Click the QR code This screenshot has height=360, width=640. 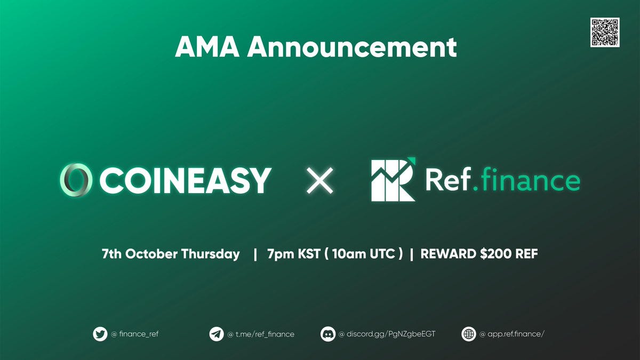click(605, 33)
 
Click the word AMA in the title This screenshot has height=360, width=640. click(207, 47)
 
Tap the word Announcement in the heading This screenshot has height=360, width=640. click(351, 47)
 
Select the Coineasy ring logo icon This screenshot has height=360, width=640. click(76, 180)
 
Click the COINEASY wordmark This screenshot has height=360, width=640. click(186, 181)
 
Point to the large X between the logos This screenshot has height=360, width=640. click(319, 181)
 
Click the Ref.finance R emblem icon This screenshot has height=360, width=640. click(394, 179)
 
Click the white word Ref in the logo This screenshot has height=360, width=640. click(448, 179)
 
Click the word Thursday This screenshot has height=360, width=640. click(210, 254)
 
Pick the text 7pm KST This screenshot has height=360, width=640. click(293, 254)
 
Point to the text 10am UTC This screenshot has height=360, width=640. click(363, 254)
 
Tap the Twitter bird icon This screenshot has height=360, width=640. click(100, 334)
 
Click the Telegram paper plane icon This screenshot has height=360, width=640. click(217, 334)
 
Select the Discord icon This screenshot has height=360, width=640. click(327, 334)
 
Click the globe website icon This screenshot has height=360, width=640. click(469, 334)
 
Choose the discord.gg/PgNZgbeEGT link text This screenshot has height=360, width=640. click(391, 334)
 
